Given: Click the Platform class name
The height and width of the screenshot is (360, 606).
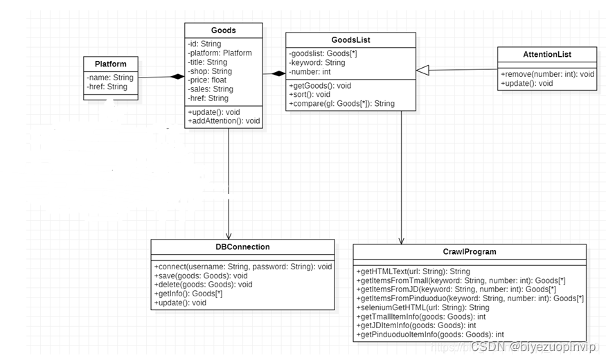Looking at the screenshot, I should tap(110, 64).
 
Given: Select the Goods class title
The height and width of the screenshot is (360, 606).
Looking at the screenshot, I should tap(223, 30).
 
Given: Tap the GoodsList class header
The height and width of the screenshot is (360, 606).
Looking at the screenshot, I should tap(350, 40).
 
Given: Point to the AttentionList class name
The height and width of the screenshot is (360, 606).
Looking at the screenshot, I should tap(547, 55).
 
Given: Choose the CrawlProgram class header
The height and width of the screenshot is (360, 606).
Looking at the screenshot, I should tap(469, 251).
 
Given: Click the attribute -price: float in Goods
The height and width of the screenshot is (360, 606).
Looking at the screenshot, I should tap(207, 80).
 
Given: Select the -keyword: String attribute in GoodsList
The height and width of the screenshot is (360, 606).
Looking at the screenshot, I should tap(317, 62).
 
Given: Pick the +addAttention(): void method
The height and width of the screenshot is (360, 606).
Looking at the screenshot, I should tap(224, 121).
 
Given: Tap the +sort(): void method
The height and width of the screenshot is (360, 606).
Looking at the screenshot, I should tap(310, 94).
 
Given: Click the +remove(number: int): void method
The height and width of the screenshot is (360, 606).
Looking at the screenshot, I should tap(547, 73).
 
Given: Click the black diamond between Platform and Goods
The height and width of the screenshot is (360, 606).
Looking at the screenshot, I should tap(177, 76).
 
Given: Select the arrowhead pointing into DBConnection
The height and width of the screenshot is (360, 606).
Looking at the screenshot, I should tap(229, 235).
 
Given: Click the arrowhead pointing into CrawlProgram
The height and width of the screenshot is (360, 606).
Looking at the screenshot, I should tap(402, 240).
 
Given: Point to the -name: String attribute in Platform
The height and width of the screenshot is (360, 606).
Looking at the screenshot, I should tap(110, 78).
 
